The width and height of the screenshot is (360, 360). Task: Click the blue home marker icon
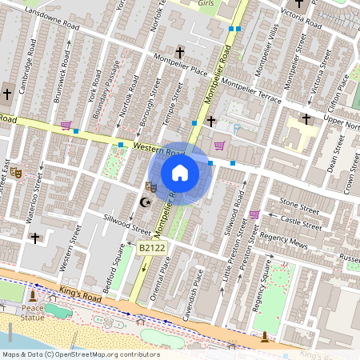tap(180, 173)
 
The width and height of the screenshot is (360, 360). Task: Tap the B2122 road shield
tap(152, 250)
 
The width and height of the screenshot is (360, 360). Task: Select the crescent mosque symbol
tap(145, 202)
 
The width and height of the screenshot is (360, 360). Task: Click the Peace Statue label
tap(33, 313)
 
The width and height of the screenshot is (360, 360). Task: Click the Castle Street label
tap(300, 222)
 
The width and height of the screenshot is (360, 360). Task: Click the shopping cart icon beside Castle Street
tap(254, 214)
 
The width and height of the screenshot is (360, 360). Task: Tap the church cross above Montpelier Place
tap(179, 53)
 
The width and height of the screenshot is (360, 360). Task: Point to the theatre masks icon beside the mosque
tap(150, 186)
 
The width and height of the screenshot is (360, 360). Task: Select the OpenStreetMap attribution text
tap(80, 354)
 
